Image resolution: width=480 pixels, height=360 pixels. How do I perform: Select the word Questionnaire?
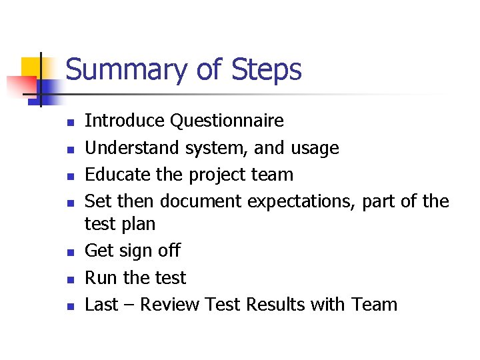tap(227, 121)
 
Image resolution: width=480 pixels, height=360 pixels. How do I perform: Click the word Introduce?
tap(125, 121)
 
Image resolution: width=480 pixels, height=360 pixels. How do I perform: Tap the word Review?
tap(170, 305)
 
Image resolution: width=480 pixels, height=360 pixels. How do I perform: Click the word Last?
tap(101, 305)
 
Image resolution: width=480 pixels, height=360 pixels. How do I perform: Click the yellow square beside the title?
tap(33, 68)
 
